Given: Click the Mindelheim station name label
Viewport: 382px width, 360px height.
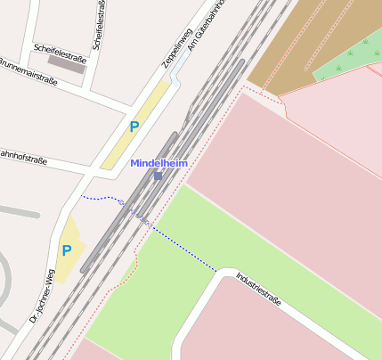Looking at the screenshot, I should coord(159,163).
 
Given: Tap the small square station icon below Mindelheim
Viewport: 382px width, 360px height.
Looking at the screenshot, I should coord(158,176).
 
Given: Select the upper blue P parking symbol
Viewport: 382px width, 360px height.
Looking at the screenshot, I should coord(134,127).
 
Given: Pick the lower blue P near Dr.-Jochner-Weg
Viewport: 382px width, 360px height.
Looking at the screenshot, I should coord(66,250).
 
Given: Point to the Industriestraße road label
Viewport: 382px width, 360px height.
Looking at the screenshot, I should coord(258,290).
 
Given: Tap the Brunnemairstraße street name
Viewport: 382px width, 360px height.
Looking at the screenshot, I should coord(28,71).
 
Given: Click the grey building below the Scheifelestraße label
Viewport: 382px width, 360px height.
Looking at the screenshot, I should coord(67,64).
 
